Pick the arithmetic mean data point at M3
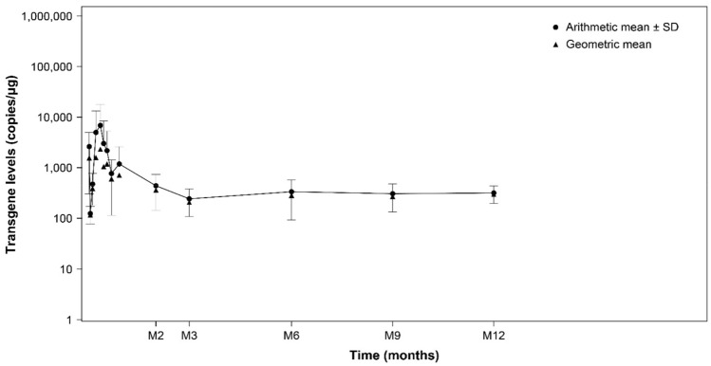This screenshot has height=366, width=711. [x=189, y=198]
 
